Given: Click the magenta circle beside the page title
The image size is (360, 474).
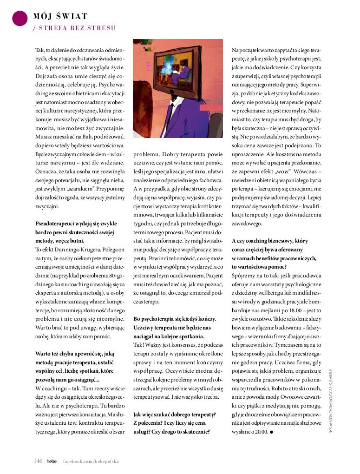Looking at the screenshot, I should pos(19,18).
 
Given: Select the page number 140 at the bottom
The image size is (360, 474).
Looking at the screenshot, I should pos(38,461).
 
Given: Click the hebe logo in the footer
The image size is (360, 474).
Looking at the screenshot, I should pos(51,461).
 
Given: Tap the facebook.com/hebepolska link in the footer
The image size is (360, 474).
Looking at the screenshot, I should pos(91,461).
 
